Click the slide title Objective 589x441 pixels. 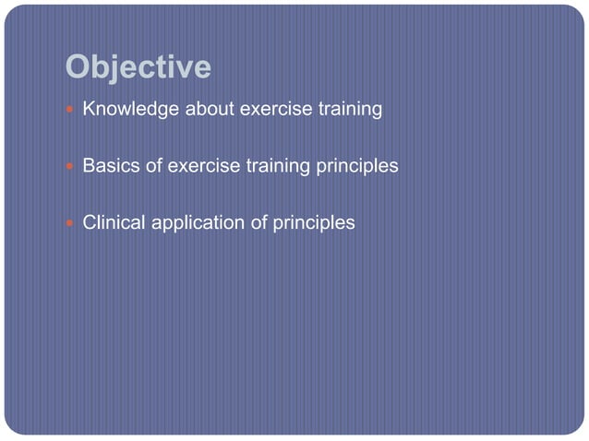pyautogui.click(x=138, y=67)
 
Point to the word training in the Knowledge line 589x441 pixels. pyautogui.click(x=349, y=110)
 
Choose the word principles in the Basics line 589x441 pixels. pyautogui.click(x=356, y=167)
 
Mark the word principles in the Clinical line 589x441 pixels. pyautogui.click(x=313, y=223)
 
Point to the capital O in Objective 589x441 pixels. pyautogui.click(x=78, y=67)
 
